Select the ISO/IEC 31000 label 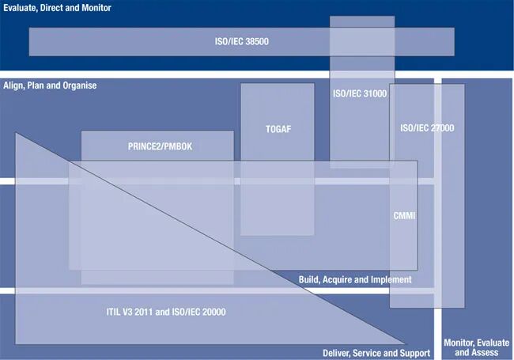[x=360, y=93]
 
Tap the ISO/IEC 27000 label [x=427, y=128]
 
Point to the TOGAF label [x=278, y=128]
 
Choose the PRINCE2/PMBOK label [x=158, y=146]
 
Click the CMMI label [x=404, y=215]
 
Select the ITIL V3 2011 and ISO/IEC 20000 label [x=166, y=312]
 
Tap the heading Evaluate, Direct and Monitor [x=56, y=8]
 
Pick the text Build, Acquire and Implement [x=355, y=280]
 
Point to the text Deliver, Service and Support [x=376, y=353]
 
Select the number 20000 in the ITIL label [x=213, y=312]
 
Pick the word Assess [x=485, y=353]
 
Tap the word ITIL [x=115, y=312]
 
